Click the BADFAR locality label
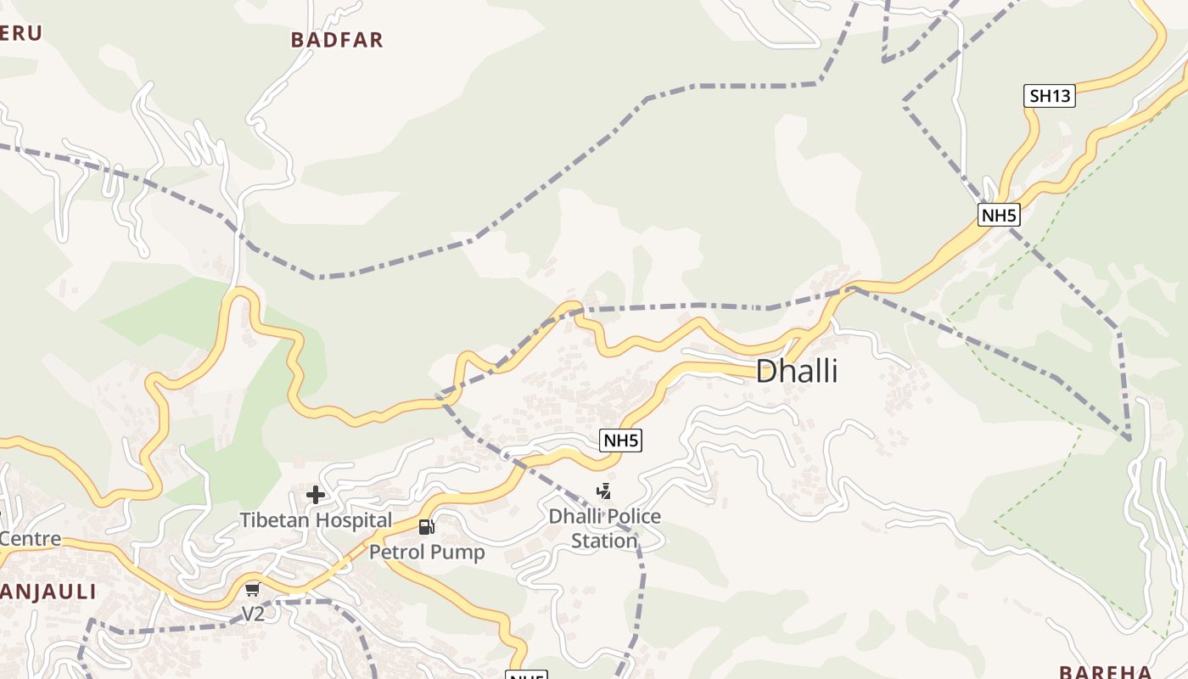[x=337, y=40]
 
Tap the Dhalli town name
[x=796, y=372]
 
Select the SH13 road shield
[x=1050, y=96]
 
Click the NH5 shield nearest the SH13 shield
[x=998, y=215]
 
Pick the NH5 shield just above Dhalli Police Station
[x=620, y=441]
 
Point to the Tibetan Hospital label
[x=316, y=520]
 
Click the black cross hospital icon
[x=316, y=495]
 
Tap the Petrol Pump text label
[x=427, y=553]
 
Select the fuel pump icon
[x=426, y=527]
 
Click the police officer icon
[x=603, y=491]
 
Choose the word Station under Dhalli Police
[x=604, y=542]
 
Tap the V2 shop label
[x=253, y=614]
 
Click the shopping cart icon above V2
[x=252, y=590]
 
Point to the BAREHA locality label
[x=1105, y=672]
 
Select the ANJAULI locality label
[x=48, y=592]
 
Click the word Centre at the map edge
[x=31, y=539]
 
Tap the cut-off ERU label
[x=20, y=33]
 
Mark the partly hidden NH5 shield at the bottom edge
[x=526, y=676]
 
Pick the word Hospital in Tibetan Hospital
[x=353, y=520]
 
